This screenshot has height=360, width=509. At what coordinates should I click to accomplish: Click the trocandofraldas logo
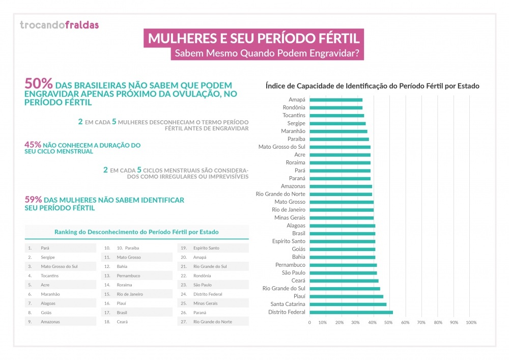tap(59, 24)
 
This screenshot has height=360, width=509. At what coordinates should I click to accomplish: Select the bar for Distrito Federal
tap(351, 312)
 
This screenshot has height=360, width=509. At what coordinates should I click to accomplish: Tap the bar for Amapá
tap(336, 100)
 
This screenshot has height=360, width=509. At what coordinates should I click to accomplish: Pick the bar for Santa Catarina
tap(348, 304)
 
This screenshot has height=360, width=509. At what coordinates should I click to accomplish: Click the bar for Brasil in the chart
tap(342, 233)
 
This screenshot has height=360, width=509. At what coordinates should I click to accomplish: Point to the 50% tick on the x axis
tap(389, 322)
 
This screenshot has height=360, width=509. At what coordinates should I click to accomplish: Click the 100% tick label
tap(471, 322)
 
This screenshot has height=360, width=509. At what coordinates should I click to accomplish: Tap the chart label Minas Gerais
tap(290, 218)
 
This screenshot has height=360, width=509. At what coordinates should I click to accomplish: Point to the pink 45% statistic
tap(34, 145)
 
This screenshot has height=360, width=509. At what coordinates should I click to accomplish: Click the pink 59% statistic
tap(34, 200)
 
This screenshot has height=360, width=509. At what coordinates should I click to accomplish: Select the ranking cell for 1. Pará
tap(61, 248)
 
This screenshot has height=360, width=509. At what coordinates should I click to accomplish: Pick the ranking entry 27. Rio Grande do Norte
tap(213, 322)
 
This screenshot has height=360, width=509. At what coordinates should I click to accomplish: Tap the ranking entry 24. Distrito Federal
tap(213, 294)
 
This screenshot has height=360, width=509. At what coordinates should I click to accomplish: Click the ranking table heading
tap(136, 232)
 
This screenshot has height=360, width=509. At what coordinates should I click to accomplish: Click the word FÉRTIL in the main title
tap(335, 39)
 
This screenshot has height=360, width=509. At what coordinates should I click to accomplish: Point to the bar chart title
tap(373, 86)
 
